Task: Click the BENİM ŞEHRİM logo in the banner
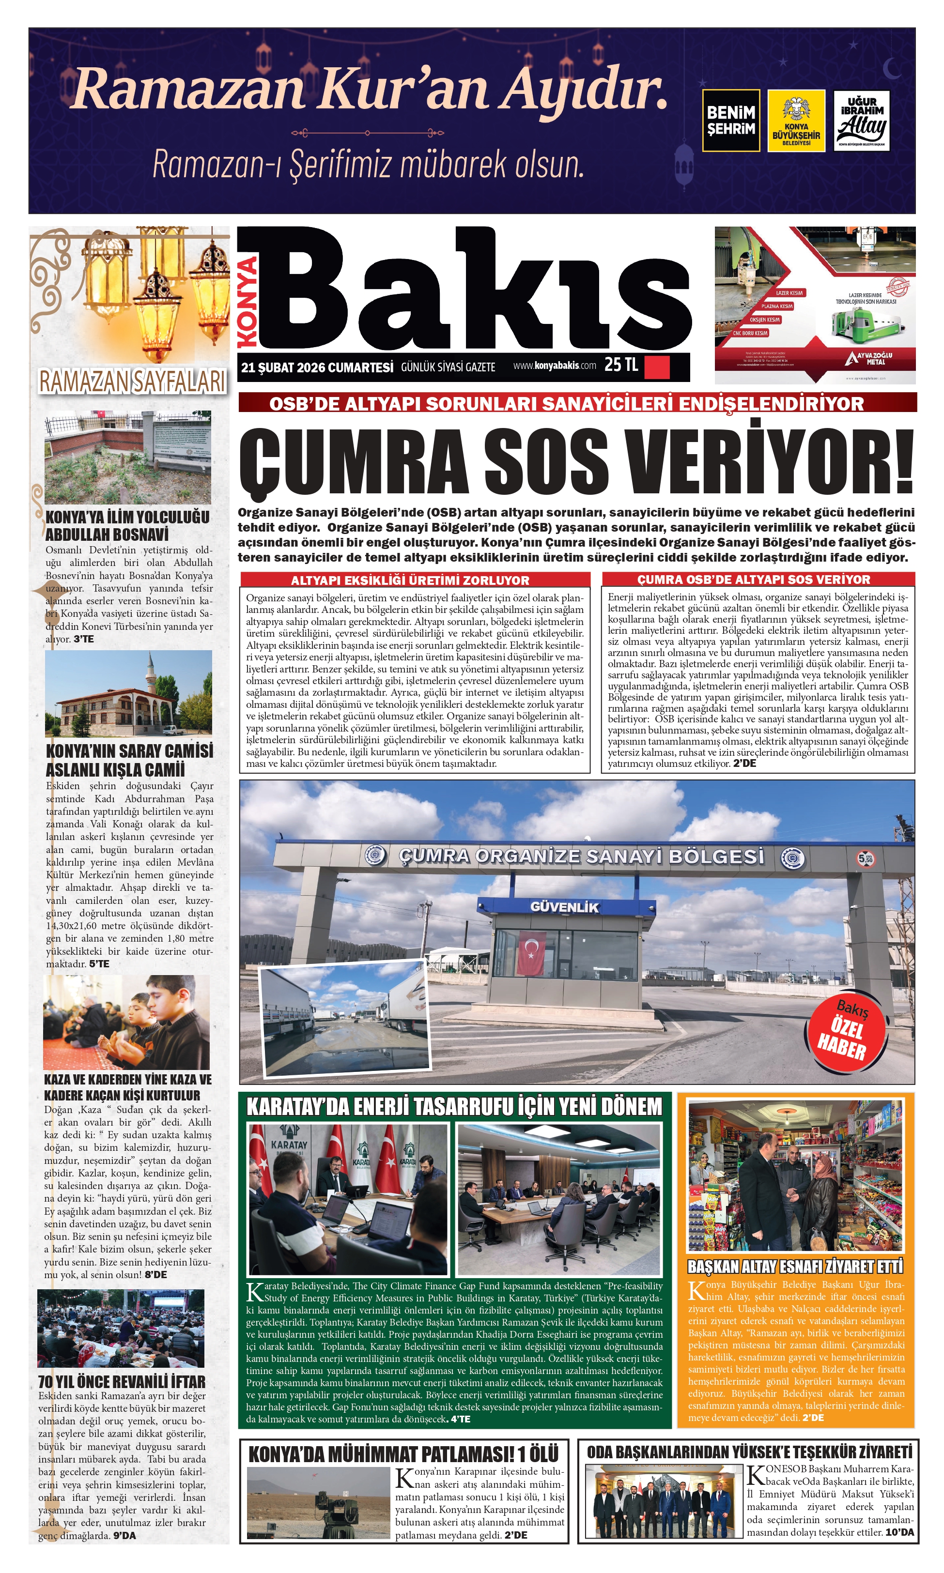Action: click(730, 120)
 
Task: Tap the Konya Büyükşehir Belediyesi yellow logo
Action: click(796, 120)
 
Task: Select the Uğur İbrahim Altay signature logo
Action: click(861, 120)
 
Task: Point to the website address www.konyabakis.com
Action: click(554, 366)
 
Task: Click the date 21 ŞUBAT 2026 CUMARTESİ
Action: click(317, 367)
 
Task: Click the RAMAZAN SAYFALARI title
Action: click(132, 382)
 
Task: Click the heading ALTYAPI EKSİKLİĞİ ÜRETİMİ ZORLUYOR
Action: click(410, 580)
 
